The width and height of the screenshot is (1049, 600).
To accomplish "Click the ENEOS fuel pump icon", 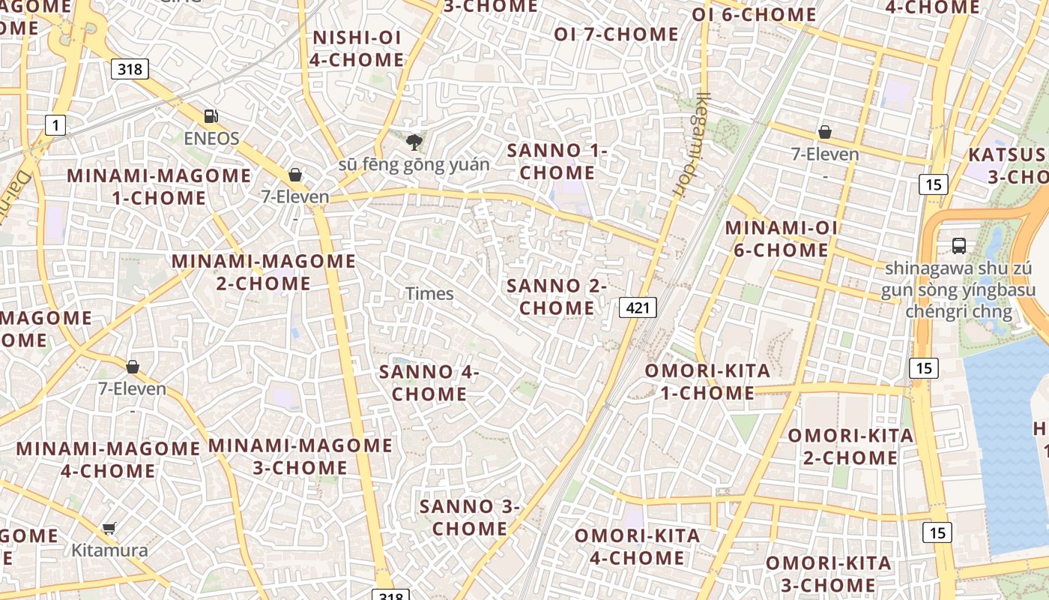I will [212, 116].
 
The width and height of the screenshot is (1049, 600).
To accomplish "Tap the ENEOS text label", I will [212, 138].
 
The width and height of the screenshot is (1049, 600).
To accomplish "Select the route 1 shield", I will [55, 124].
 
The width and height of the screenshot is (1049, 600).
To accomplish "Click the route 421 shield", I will [638, 307].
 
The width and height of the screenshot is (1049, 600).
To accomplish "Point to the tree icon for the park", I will [413, 142].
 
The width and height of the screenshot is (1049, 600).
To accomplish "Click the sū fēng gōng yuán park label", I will [414, 164].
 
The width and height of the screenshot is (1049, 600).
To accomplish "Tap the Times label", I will [429, 293].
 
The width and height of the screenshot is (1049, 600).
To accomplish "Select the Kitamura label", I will [109, 550].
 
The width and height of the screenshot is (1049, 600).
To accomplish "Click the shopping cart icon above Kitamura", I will [109, 528].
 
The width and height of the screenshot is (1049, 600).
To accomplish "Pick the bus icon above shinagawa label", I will [959, 245].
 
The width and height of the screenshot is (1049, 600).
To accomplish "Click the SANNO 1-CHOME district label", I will [557, 161].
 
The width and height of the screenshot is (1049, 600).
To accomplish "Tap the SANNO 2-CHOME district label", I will [557, 297].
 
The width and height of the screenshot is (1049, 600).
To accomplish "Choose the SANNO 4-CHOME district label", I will [429, 382].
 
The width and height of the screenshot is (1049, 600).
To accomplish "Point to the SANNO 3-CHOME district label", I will [470, 517].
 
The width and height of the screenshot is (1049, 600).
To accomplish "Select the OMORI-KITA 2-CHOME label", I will [850, 446].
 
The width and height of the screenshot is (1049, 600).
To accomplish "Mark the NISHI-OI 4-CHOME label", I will [357, 48].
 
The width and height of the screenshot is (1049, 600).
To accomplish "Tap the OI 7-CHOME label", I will [616, 34].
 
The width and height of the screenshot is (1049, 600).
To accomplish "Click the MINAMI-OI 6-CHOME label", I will [781, 238].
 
